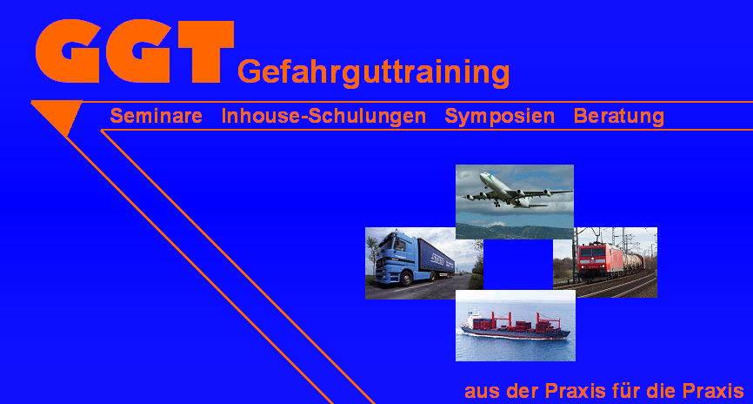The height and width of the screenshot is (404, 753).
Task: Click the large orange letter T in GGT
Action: point(205,51)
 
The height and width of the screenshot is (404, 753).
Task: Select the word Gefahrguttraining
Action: point(374,72)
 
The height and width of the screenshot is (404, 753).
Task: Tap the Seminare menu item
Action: point(156,116)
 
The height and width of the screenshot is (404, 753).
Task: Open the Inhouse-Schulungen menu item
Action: point(323,117)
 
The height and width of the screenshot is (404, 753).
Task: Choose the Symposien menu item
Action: point(499,117)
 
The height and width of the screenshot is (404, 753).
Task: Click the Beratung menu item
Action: point(618,117)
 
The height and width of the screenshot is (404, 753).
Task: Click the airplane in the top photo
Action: point(516,191)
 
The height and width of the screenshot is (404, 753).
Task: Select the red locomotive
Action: point(599,259)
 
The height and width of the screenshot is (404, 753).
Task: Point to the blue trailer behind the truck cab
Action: point(435,262)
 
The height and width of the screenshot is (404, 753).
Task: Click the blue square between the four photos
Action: point(517,264)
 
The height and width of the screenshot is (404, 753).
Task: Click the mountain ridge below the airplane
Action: point(515,232)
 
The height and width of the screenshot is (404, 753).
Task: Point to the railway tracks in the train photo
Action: point(615,287)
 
